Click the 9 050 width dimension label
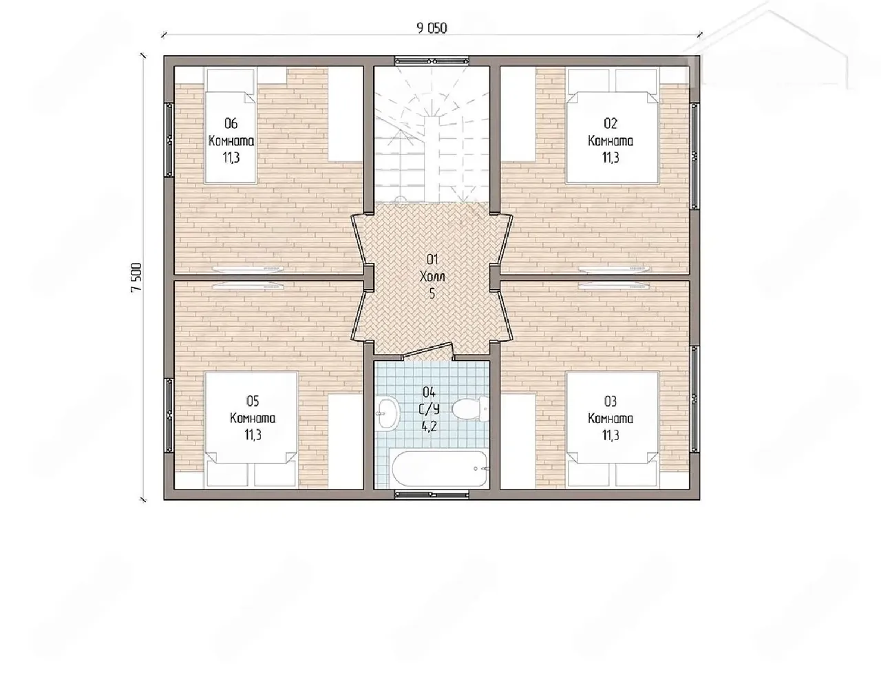[432, 28]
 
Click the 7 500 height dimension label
[136, 277]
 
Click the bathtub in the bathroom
[440, 468]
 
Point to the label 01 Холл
[432, 269]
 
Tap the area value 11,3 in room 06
[231, 158]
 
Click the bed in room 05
[251, 430]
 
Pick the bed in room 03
[612, 430]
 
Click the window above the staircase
[432, 61]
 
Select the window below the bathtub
[432, 495]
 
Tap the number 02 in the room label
[611, 123]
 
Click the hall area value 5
[432, 294]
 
